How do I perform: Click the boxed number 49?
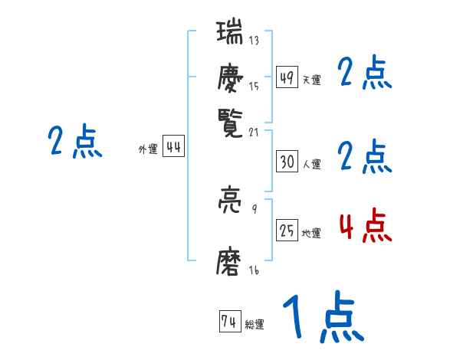pos(287,78)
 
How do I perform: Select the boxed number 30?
pos(287,162)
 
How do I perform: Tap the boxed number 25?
pos(287,231)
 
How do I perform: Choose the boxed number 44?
pos(173,149)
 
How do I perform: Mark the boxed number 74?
pos(228,322)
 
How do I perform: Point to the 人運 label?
pos(311,163)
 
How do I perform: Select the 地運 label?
pos(311,233)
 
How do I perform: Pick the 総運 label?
pos(254,325)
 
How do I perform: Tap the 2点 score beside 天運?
pos(365,74)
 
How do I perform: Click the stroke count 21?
pos(254,131)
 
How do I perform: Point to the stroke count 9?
pos(254,208)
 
